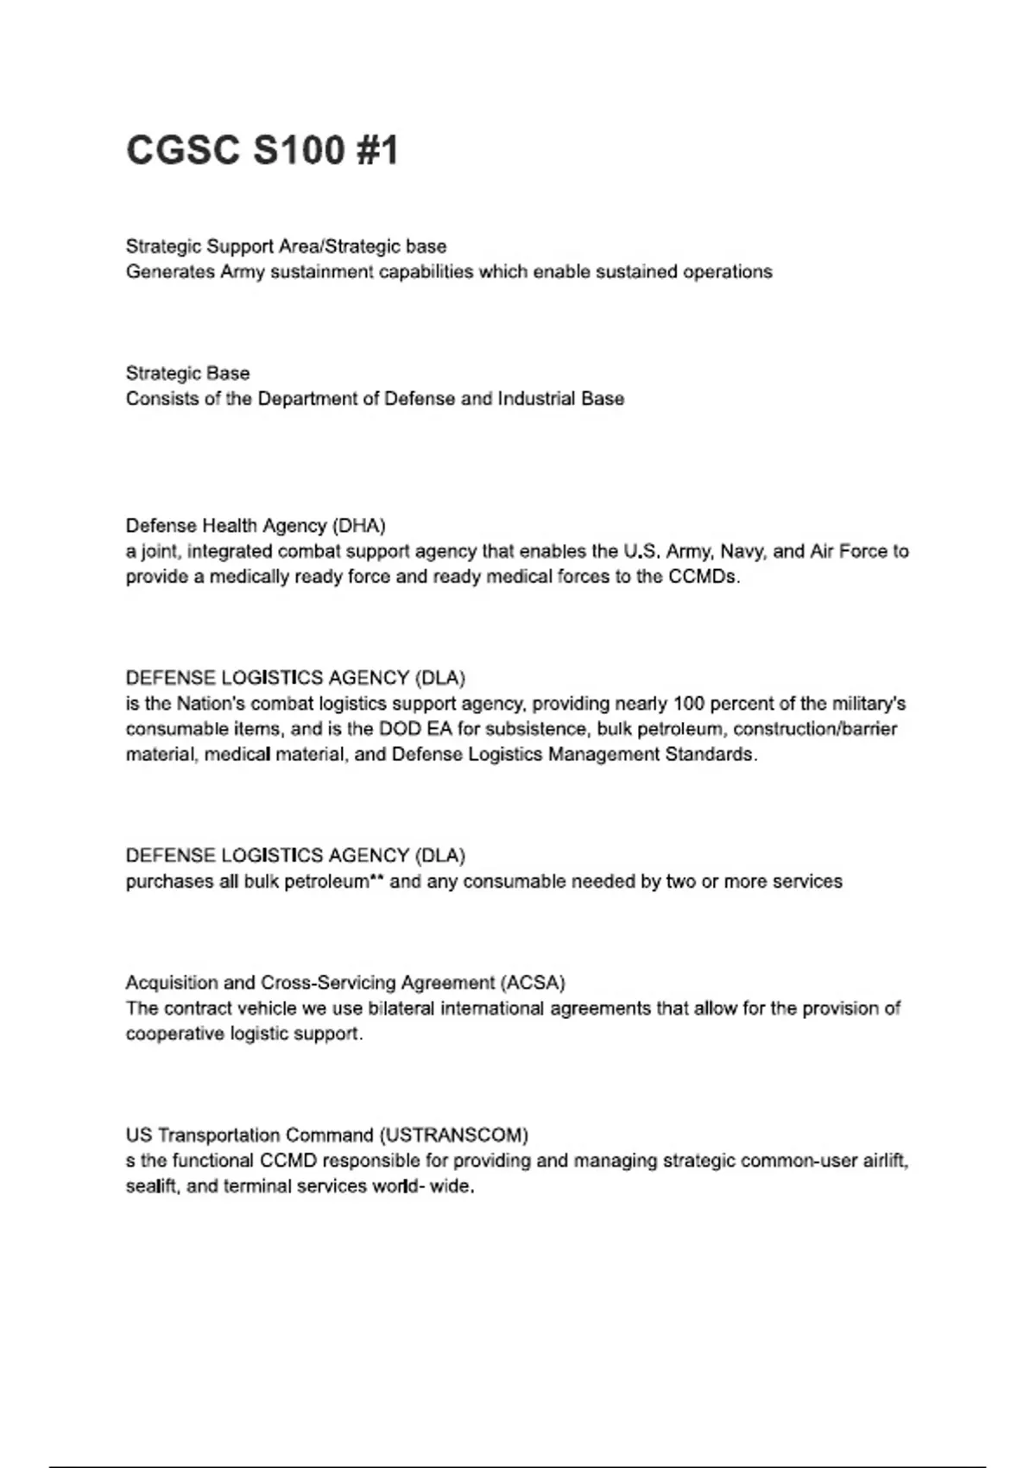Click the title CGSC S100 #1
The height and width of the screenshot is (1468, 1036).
click(262, 150)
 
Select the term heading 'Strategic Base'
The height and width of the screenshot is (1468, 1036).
click(187, 373)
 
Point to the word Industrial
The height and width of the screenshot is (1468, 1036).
click(533, 399)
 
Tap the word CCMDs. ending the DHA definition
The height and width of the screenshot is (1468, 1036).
click(704, 577)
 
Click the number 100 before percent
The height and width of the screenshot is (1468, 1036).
click(689, 704)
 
